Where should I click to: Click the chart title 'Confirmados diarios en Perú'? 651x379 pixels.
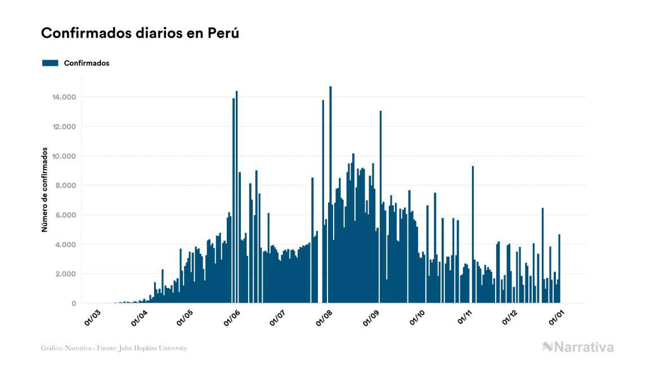pyautogui.click(x=140, y=33)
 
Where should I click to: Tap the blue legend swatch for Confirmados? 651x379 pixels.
pyautogui.click(x=50, y=63)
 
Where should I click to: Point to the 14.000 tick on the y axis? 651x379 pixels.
pyautogui.click(x=64, y=97)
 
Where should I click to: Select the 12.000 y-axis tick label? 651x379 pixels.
pyautogui.click(x=64, y=127)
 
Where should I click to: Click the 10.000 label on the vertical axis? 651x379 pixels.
pyautogui.click(x=64, y=156)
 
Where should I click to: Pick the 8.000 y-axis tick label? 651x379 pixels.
pyautogui.click(x=66, y=186)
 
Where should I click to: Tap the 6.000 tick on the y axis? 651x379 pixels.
pyautogui.click(x=66, y=215)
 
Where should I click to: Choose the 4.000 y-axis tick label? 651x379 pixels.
pyautogui.click(x=66, y=245)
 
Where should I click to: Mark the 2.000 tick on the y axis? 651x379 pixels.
pyautogui.click(x=66, y=274)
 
